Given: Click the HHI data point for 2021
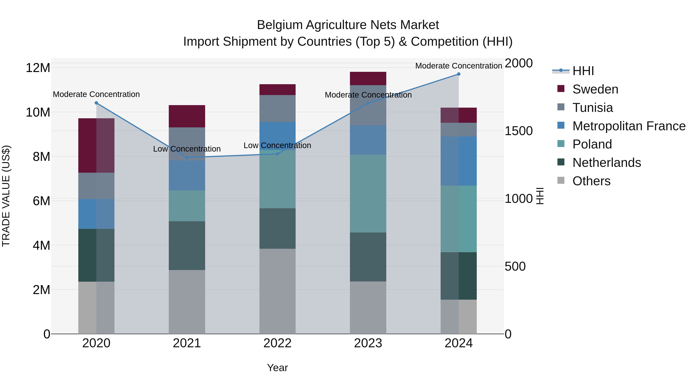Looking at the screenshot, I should [x=187, y=157].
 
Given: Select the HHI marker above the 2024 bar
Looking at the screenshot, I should [x=459, y=74].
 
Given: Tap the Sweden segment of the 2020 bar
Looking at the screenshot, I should [x=96, y=146].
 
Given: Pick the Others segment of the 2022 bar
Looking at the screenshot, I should [x=277, y=291].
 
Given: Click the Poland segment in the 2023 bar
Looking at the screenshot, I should [x=368, y=193].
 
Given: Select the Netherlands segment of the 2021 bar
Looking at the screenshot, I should [x=187, y=245].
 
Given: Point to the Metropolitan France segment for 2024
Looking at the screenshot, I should [x=459, y=161].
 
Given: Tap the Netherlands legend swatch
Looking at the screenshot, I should [x=561, y=162].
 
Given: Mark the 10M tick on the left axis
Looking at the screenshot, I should [x=38, y=112].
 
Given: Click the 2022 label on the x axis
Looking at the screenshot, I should [x=277, y=343].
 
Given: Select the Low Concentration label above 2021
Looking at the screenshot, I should [x=187, y=149].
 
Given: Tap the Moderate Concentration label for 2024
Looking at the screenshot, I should [x=459, y=66].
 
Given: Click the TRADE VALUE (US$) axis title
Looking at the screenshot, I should [x=6, y=196].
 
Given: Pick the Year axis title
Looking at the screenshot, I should [x=277, y=368].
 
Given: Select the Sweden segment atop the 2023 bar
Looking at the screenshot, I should [x=368, y=78].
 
